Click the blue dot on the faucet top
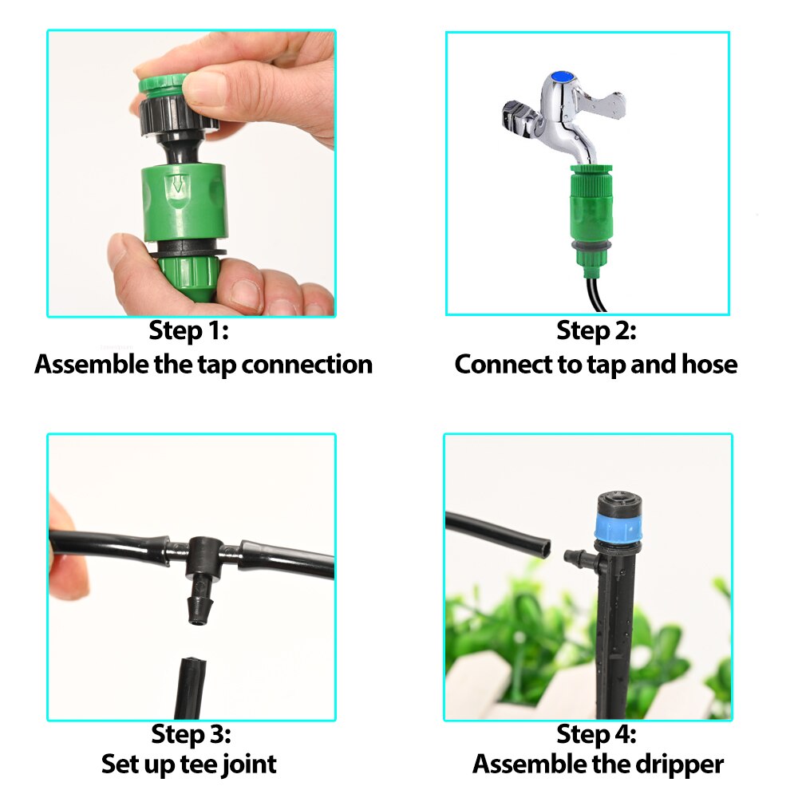point(566,77)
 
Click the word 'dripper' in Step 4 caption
point(676,764)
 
